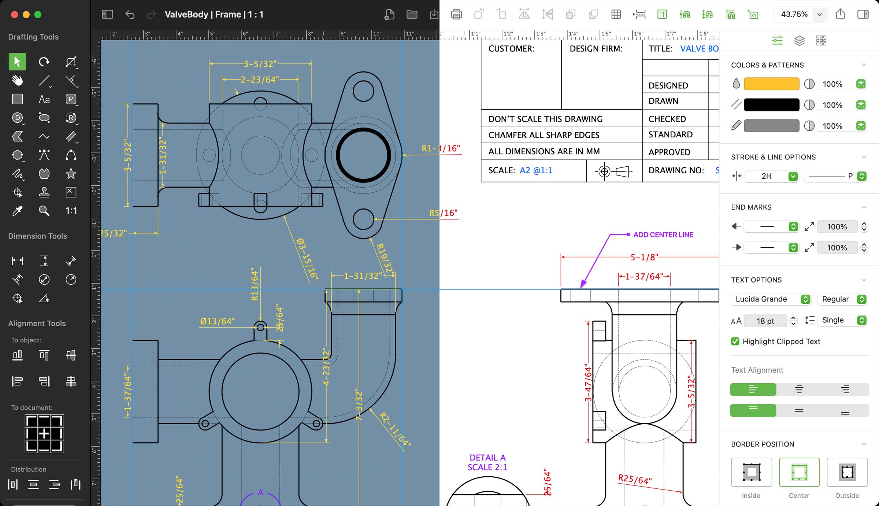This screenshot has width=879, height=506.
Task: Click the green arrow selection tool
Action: pos(17,62)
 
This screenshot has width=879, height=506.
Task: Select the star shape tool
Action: pos(71,174)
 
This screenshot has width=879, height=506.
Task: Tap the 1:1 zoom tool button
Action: pos(71,211)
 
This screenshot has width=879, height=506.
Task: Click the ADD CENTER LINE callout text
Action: pos(663,235)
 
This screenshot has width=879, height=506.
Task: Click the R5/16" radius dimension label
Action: pos(443,213)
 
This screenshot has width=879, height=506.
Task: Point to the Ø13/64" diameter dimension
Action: pos(217,321)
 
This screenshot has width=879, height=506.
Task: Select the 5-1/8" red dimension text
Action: pos(644,257)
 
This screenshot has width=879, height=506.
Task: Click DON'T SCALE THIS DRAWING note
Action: pos(545,119)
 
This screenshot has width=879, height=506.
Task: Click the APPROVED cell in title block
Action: pos(669,152)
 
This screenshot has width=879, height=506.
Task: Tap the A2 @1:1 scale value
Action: pos(536,170)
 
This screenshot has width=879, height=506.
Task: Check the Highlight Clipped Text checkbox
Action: pos(735,341)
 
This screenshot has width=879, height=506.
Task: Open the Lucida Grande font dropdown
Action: pos(771,299)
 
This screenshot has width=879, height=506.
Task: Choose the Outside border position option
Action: pos(847,472)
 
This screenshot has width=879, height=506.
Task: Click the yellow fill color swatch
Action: pos(771,84)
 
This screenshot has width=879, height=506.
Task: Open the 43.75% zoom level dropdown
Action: pos(819,15)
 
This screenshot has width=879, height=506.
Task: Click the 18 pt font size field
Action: pos(765,321)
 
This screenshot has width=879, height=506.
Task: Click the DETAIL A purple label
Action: pos(487,458)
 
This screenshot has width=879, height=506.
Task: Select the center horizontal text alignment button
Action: pos(799,389)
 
